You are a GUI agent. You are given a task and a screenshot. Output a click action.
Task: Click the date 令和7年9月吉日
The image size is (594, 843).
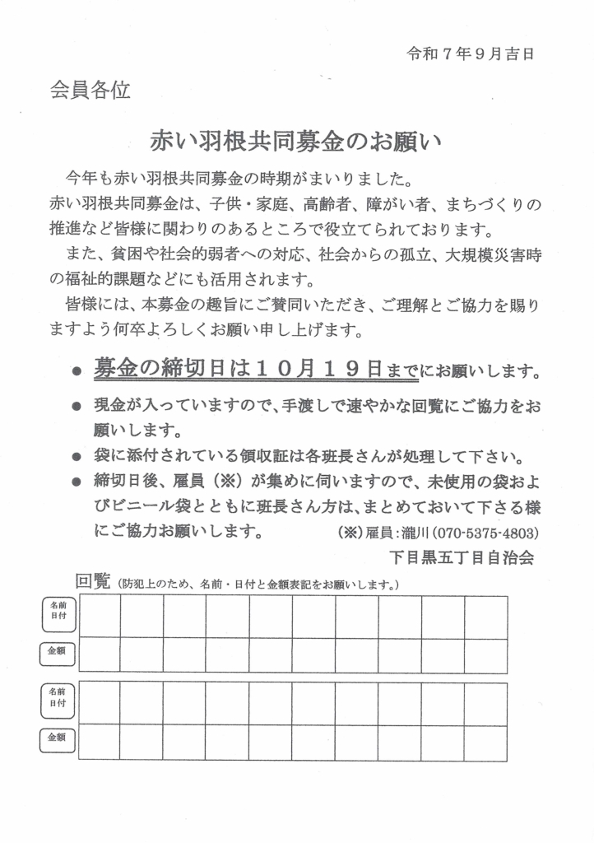(x=471, y=54)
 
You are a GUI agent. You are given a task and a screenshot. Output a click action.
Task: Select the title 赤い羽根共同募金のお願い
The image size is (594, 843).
(x=296, y=141)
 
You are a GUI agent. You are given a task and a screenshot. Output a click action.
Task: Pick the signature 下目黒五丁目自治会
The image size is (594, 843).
(x=463, y=557)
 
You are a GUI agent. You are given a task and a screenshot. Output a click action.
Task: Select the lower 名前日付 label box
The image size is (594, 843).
(x=58, y=700)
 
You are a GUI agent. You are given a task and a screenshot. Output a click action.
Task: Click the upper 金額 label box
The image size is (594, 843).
(x=58, y=652)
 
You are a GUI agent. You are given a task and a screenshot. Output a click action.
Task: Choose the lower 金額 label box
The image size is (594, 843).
(x=58, y=738)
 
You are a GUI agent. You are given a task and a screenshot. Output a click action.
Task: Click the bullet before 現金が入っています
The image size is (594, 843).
(x=77, y=408)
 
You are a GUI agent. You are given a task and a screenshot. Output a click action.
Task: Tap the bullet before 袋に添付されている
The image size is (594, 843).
(x=77, y=457)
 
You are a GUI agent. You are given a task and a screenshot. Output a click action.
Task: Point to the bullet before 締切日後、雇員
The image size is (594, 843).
(x=77, y=482)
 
